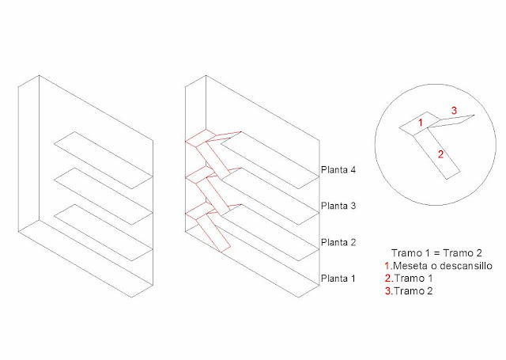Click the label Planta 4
338,170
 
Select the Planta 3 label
338,206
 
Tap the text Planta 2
338,242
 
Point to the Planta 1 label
338,279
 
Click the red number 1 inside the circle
420,123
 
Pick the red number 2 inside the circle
441,154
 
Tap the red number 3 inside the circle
454,111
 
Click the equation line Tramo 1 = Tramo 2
436,253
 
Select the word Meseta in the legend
410,266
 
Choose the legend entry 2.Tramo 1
409,278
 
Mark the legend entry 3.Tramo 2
409,291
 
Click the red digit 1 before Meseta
388,266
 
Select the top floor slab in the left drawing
104,160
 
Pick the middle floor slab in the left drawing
104,196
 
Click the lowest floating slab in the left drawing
104,233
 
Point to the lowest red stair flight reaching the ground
213,233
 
